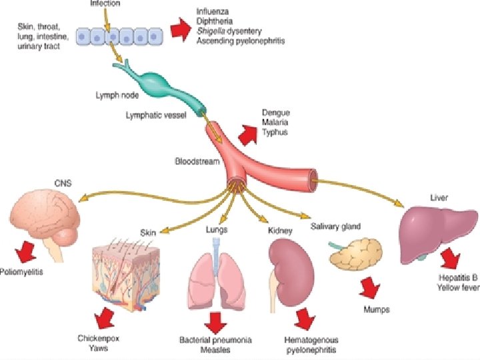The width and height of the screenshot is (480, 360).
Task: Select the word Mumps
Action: tap(377, 309)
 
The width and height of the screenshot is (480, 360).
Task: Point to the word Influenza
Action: tap(213, 12)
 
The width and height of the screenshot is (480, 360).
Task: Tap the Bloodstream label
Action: tap(197, 161)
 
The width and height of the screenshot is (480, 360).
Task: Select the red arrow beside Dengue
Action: tap(247, 135)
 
